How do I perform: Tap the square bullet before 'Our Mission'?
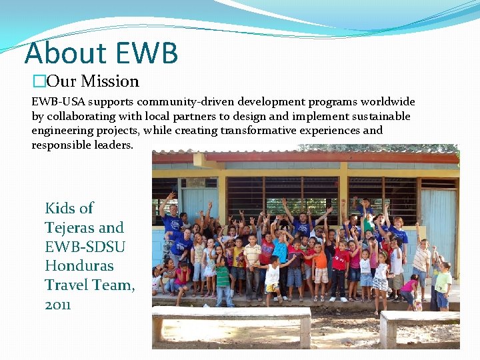(x=39, y=82)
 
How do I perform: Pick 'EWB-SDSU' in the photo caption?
(x=85, y=247)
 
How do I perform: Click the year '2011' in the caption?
(x=57, y=305)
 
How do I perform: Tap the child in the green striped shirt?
(x=222, y=273)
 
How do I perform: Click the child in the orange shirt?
(x=320, y=260)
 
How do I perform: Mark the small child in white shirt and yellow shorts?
(x=271, y=277)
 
